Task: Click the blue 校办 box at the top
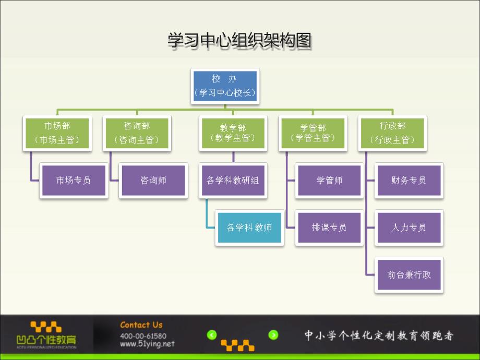225,86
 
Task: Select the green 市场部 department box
57,133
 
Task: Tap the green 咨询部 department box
137,133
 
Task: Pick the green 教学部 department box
233,133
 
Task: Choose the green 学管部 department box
313,133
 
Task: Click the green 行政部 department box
392,133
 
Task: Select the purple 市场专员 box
74,181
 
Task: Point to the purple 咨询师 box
153,181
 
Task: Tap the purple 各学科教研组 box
233,181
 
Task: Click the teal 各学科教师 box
249,228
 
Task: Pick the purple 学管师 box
329,181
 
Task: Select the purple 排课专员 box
329,227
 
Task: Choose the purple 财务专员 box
409,181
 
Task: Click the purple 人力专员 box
409,227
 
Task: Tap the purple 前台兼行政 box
409,274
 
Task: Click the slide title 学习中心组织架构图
239,40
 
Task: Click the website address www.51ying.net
147,344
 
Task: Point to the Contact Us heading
141,325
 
